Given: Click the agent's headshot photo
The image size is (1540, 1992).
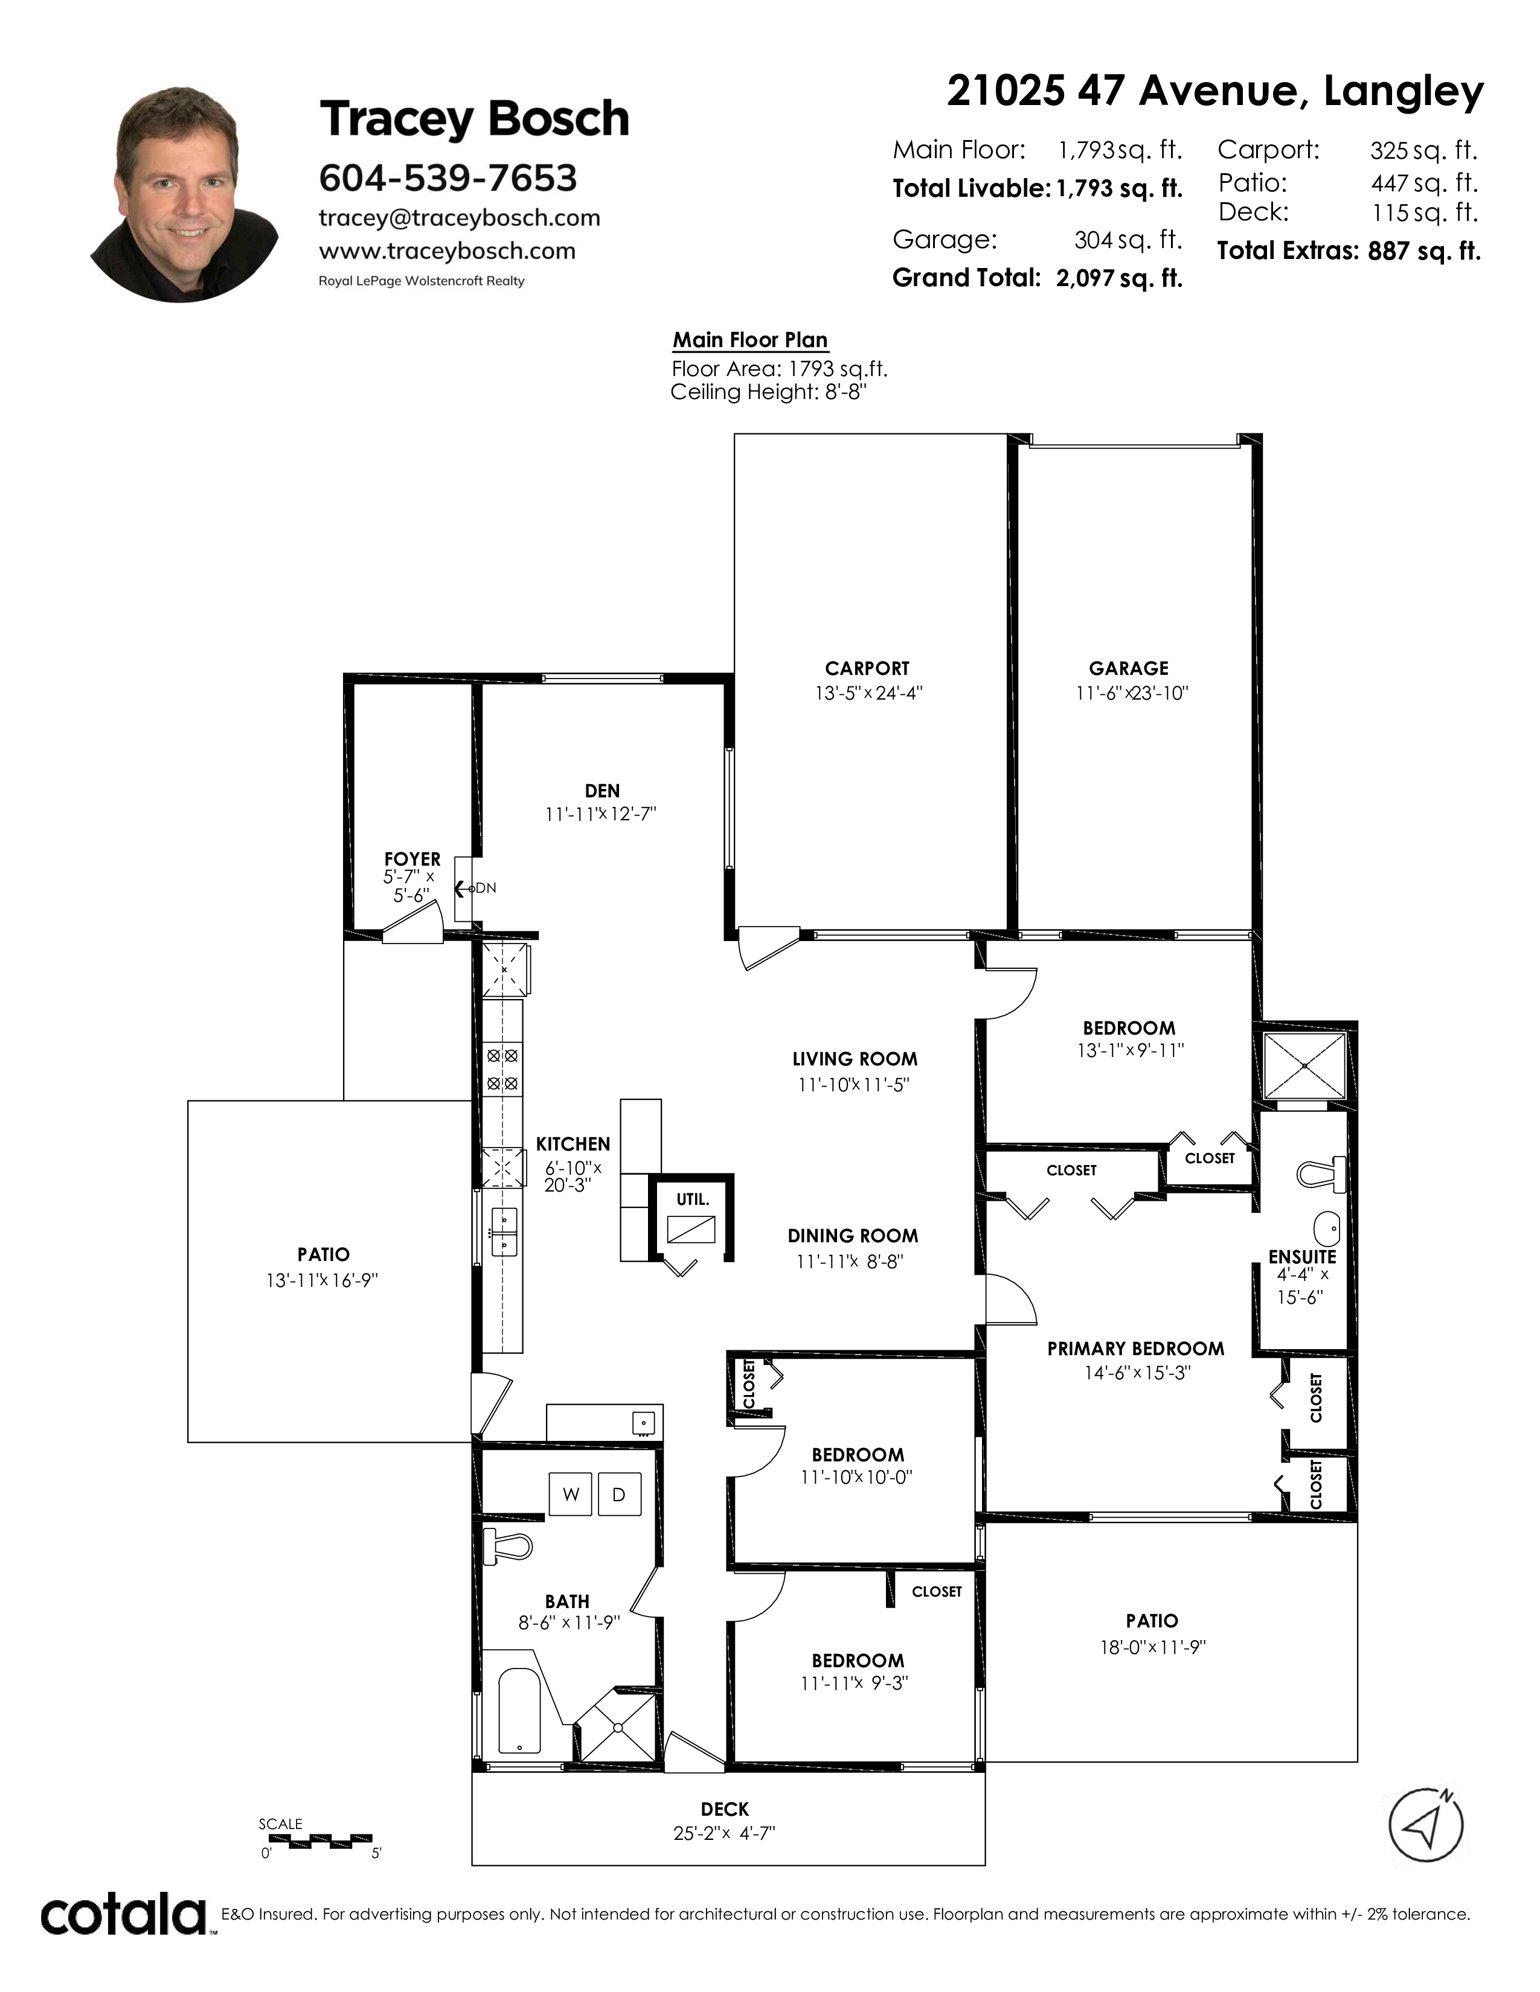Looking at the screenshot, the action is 184,194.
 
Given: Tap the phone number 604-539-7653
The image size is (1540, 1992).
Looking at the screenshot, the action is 448,178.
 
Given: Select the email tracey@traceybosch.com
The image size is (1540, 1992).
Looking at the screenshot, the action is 459,218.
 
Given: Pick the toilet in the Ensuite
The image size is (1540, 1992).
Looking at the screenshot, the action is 1322,1174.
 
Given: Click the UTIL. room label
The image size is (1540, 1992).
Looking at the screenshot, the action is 693,1199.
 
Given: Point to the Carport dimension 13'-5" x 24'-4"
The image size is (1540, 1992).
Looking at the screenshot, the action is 868,693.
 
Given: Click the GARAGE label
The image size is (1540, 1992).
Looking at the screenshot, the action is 1129,669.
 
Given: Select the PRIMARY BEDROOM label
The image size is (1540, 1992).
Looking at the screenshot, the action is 1136,1348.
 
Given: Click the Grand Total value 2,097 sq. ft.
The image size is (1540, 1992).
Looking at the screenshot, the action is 1120,278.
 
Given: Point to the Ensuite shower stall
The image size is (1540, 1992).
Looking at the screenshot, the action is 1304,1065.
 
